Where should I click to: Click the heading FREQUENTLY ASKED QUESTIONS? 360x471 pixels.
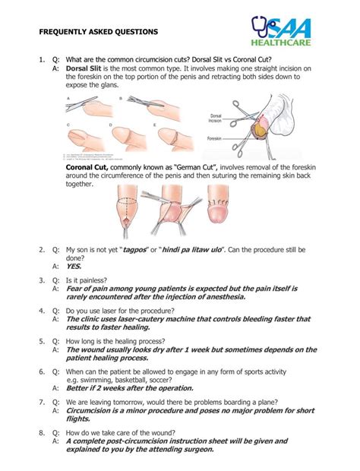[x=99, y=33]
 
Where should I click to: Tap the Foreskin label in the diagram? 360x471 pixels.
[x=216, y=139]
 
